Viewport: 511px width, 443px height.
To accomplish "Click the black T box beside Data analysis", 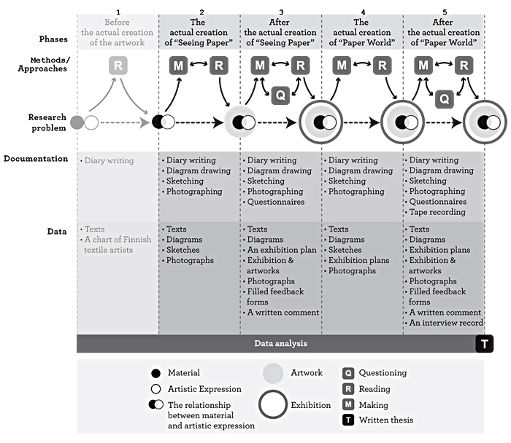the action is click(x=484, y=343).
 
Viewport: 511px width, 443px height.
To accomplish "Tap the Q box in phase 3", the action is click(x=280, y=95).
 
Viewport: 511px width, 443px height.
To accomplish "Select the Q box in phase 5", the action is click(x=445, y=99).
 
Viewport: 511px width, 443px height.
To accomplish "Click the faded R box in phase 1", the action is click(x=118, y=66).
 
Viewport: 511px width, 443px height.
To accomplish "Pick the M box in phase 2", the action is click(x=178, y=66).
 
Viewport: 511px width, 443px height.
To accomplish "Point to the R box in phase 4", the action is click(x=383, y=66).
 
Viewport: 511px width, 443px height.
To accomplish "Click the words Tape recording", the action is click(x=437, y=212).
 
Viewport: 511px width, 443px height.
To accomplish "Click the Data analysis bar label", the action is click(x=280, y=343).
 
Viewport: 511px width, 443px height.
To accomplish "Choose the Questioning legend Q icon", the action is click(x=348, y=373).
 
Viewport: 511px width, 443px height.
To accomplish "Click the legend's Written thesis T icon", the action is click(x=348, y=420).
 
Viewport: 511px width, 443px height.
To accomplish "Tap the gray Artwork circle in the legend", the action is click(x=273, y=373).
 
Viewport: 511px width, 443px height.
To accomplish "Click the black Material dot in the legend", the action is click(x=155, y=373).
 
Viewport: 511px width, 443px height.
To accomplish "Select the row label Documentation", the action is click(x=36, y=159).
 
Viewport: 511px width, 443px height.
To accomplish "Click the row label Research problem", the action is click(x=47, y=122).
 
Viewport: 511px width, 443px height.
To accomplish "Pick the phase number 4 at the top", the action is click(x=363, y=12).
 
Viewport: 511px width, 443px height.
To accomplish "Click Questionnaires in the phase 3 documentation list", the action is click(x=276, y=202).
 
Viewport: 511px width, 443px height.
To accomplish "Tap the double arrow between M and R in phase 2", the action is click(x=199, y=63).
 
